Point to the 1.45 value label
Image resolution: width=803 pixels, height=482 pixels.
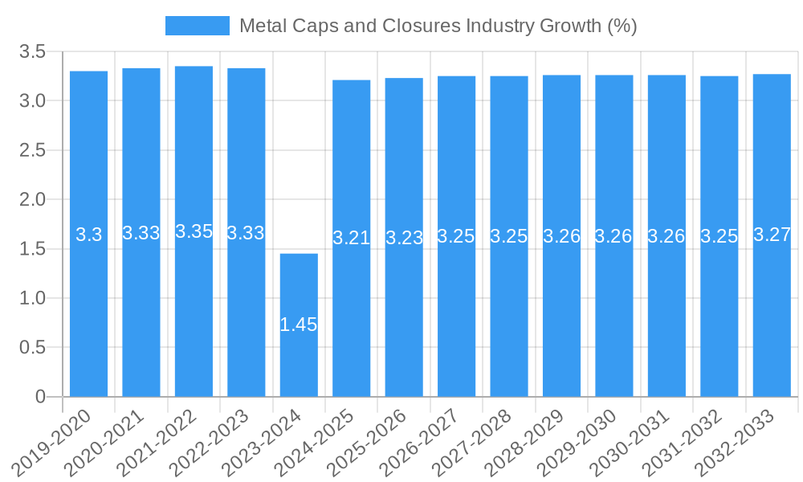[299, 325]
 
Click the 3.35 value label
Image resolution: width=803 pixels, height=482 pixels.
[194, 231]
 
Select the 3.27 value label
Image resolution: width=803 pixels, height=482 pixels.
[772, 235]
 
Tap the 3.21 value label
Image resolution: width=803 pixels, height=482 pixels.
[351, 238]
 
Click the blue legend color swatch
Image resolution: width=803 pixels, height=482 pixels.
[197, 26]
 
